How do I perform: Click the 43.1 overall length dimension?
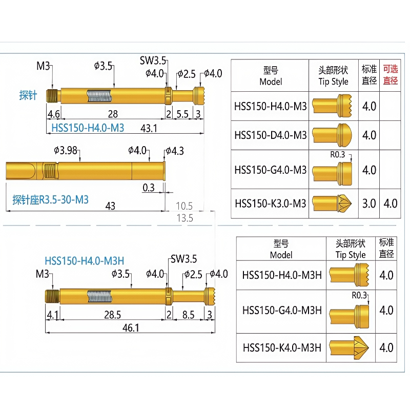pyautogui.click(x=149, y=129)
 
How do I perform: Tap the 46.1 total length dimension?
pyautogui.click(x=131, y=328)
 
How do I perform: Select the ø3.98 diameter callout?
pyautogui.click(x=66, y=151)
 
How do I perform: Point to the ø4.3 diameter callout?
pyautogui.click(x=175, y=151)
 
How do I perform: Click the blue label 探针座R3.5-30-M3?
pyautogui.click(x=50, y=200)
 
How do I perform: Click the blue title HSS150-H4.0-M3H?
pyautogui.click(x=84, y=261)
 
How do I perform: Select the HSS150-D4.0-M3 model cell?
pyautogui.click(x=271, y=135)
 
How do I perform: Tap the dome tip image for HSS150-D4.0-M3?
pyautogui.click(x=332, y=135)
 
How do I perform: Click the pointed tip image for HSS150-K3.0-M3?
pyautogui.click(x=332, y=203)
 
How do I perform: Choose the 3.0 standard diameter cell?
pyautogui.click(x=369, y=203)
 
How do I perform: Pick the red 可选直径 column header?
pyautogui.click(x=391, y=75)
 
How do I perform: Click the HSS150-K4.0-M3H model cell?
pyautogui.click(x=282, y=348)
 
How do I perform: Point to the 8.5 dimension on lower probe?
pyautogui.click(x=188, y=315)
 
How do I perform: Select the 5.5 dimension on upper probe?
pyautogui.click(x=182, y=114)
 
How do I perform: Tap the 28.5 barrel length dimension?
pyautogui.click(x=112, y=315)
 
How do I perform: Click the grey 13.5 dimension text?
pyautogui.click(x=184, y=218)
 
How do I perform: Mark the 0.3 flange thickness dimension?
pyautogui.click(x=149, y=188)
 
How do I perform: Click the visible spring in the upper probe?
pyautogui.click(x=99, y=96)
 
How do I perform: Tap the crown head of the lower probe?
pyautogui.click(x=210, y=296)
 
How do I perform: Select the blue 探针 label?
pyautogui.click(x=28, y=95)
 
